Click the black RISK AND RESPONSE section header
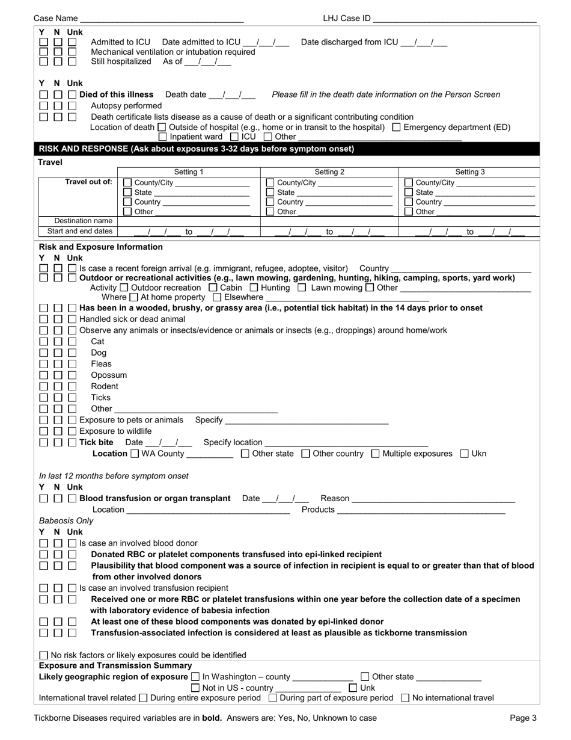[x=196, y=149]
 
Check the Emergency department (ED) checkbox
[x=396, y=127]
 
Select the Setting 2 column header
[x=329, y=172]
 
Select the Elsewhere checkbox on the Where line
[x=218, y=297]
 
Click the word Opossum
[x=109, y=375]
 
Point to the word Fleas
[x=101, y=364]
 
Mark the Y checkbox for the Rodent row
[x=44, y=386]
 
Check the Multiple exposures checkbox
[x=375, y=454]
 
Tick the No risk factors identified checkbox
[x=44, y=655]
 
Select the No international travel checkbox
[x=405, y=698]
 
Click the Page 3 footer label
[x=523, y=718]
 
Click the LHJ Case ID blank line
[x=454, y=19]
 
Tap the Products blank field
[x=421, y=510]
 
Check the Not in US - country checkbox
[x=195, y=688]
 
